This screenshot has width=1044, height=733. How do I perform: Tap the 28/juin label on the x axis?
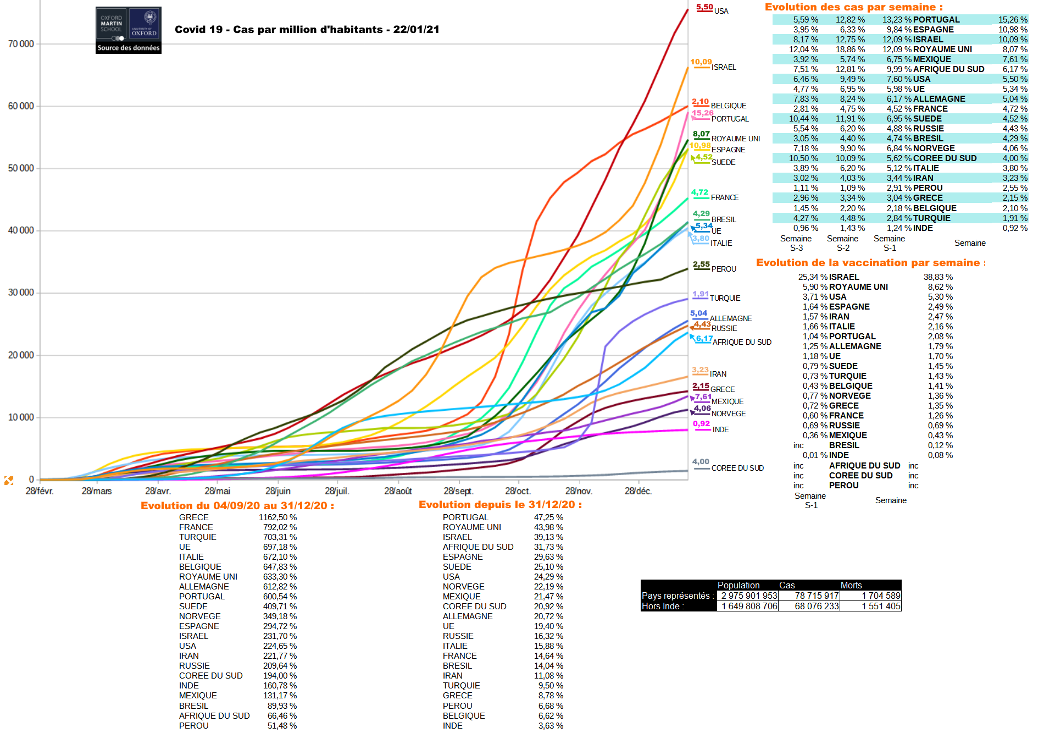(277, 491)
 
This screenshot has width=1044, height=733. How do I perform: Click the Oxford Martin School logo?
(129, 30)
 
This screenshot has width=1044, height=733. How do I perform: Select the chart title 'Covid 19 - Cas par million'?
(307, 30)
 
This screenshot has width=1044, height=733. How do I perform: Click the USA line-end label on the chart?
(721, 11)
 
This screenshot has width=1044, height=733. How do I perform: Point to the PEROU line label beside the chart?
(724, 269)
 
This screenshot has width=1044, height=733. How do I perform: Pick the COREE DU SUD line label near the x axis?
(737, 468)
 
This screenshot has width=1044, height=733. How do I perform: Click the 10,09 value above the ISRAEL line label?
(701, 62)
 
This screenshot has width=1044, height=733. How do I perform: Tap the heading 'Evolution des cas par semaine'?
(853, 7)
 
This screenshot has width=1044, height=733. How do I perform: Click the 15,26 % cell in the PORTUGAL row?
(1012, 20)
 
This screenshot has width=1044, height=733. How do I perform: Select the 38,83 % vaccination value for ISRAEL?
(938, 277)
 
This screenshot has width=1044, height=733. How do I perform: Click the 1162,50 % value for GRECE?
(277, 517)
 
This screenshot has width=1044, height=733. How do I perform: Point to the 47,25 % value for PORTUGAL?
(548, 517)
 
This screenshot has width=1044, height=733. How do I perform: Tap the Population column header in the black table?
(738, 585)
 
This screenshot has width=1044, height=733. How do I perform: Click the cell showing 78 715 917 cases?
(817, 596)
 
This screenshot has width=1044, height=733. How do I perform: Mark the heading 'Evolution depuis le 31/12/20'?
(500, 505)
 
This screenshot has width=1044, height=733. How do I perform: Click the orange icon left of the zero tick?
(9, 481)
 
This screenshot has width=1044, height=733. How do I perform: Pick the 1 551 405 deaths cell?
(881, 606)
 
